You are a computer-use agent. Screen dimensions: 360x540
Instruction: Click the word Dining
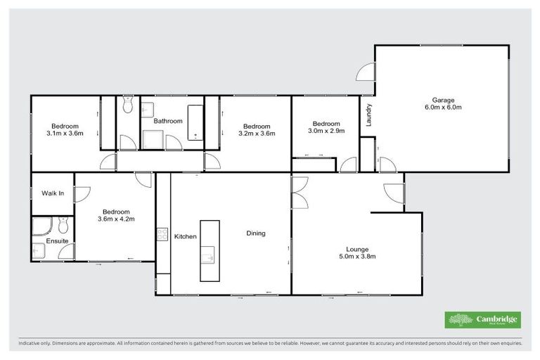[x=256, y=233]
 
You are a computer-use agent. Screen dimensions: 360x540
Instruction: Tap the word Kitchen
[x=185, y=236]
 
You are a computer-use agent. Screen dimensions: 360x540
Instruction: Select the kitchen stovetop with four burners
[x=162, y=234]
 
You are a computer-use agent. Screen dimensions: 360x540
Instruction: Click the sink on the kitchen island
[x=209, y=255]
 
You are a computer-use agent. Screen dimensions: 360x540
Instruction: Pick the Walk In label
[x=53, y=193]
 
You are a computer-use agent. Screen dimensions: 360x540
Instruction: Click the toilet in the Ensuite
[x=63, y=226]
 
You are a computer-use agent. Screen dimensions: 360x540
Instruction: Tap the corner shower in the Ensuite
[x=41, y=226]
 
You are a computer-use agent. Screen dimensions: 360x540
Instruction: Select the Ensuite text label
[x=58, y=241]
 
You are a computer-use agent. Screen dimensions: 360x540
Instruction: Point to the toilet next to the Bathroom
[x=127, y=106]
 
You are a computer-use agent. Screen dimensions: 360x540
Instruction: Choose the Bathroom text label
[x=168, y=121]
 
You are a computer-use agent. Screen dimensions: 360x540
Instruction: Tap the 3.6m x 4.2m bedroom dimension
[x=116, y=219]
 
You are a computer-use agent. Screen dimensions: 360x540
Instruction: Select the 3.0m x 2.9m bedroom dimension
[x=326, y=130]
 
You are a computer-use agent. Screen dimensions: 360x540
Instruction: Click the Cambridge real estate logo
[x=483, y=320]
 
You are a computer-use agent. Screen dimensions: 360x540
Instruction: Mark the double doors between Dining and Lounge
[x=300, y=192]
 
